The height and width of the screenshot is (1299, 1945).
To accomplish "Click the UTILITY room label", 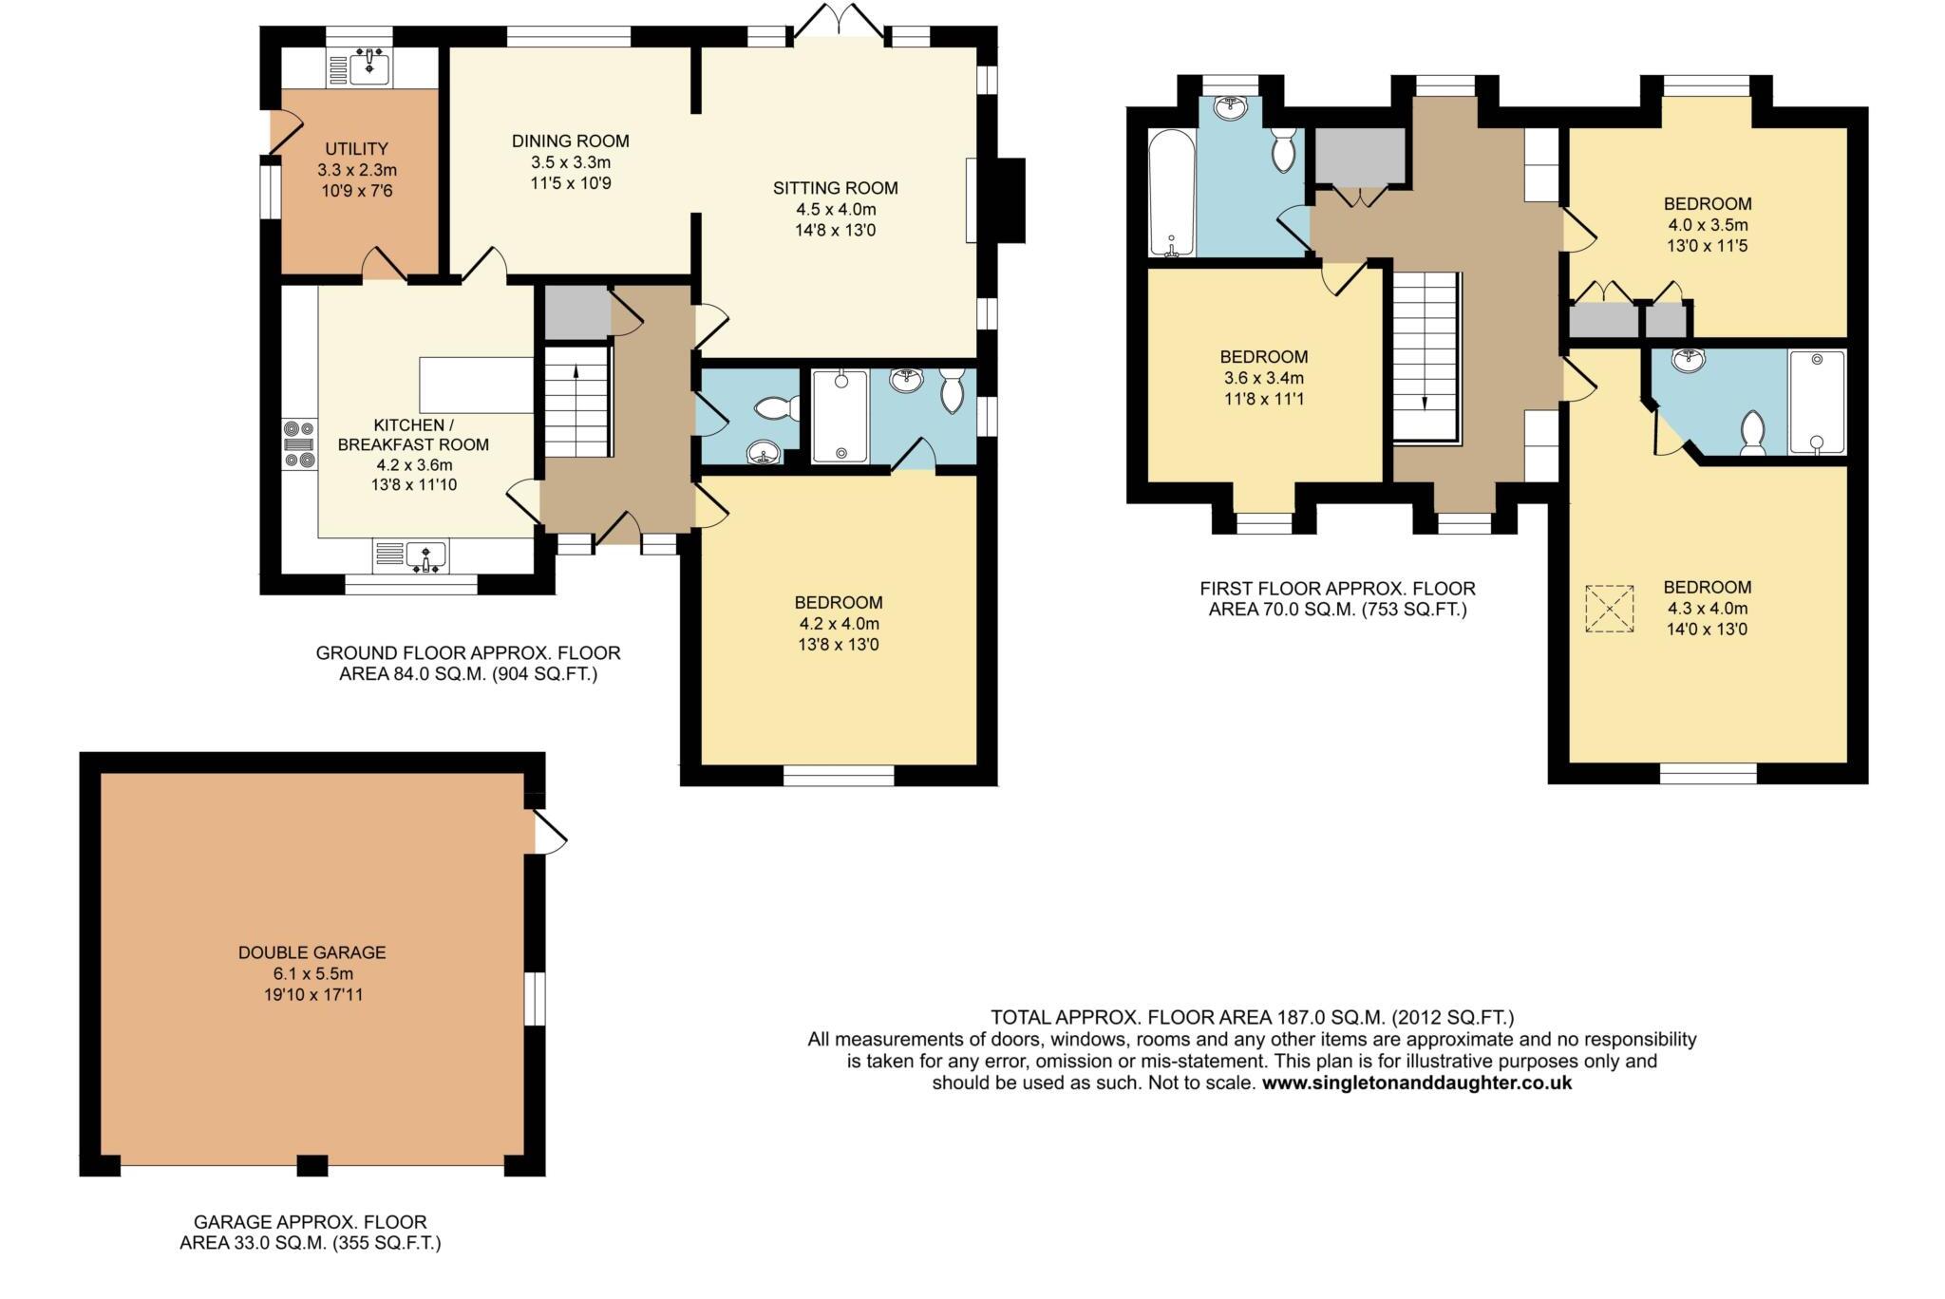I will coord(356,149).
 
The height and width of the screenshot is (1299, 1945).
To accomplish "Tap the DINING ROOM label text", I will coord(570,141).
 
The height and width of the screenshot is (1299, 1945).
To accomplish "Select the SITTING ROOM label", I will coord(835,188).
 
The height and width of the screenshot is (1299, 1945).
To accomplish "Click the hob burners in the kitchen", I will coord(298,443).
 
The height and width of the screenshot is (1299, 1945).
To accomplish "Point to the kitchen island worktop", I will coord(476,385).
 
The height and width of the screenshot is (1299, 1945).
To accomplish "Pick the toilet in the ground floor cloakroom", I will coord(775,409).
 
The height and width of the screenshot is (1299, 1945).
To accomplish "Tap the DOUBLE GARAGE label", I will coord(312,952).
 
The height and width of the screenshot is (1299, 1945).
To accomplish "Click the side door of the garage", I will coord(549,832).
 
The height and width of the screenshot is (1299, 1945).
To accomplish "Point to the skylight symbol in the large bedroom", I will coord(1609,609).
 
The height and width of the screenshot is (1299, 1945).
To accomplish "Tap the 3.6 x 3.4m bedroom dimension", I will coord(1263,378).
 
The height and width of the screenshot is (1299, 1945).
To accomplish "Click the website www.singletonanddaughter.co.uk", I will coord(1416,1082).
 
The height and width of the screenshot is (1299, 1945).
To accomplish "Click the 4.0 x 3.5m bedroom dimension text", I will coord(1707,225).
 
